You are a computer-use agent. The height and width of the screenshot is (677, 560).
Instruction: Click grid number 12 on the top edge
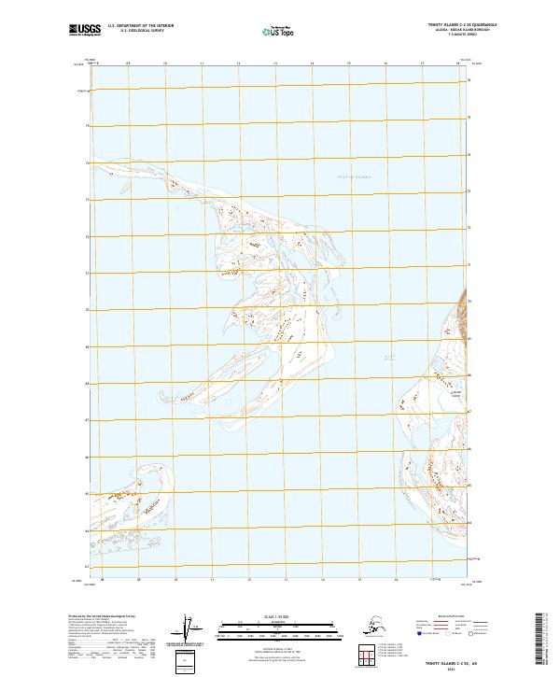click(237, 63)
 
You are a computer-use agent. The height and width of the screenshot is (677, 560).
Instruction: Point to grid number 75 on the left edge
click(89, 125)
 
